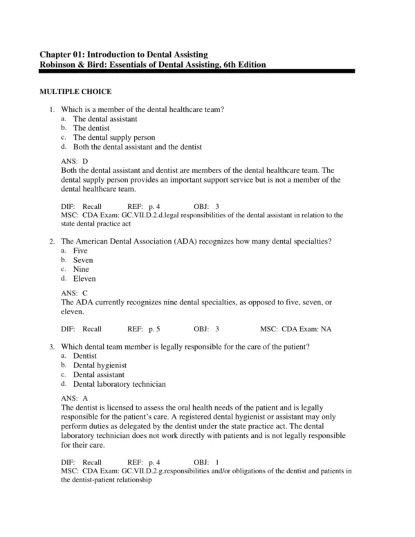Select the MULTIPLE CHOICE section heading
pos(75,91)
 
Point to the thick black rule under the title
pos(197,71)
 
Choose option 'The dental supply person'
pos(114,137)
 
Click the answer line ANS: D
pos(75,161)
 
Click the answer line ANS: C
pos(75,293)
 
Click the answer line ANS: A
pos(75,398)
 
